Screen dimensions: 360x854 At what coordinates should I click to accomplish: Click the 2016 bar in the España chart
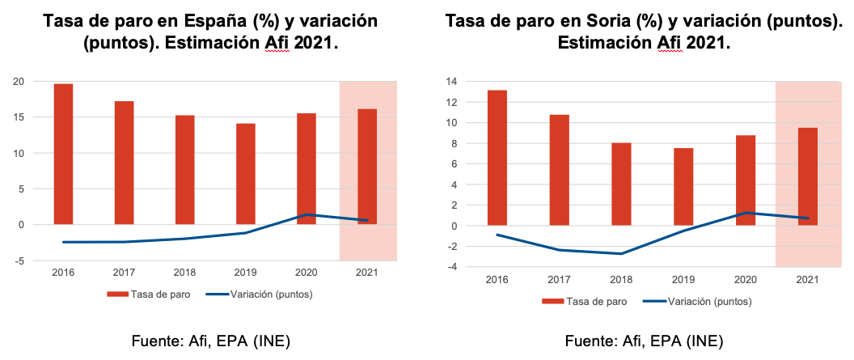(63, 154)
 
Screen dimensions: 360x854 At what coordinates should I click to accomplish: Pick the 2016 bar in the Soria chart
(497, 157)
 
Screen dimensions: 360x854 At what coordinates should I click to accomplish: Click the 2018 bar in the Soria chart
(621, 184)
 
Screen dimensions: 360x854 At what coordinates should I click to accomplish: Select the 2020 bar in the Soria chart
(745, 180)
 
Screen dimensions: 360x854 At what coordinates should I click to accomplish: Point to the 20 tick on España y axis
(17, 82)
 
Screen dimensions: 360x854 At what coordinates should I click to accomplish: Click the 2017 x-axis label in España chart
(124, 273)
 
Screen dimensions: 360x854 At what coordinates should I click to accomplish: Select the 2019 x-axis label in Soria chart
(683, 279)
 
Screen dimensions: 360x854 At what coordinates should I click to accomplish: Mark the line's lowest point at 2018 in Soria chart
(621, 253)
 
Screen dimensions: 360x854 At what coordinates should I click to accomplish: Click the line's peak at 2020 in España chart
(307, 214)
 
